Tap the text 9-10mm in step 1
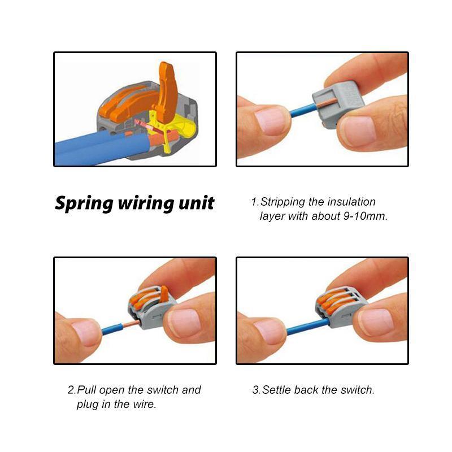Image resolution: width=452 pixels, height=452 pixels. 366,216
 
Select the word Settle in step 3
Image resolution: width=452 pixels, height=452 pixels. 277,390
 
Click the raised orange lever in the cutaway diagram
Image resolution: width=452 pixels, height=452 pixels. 167,90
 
